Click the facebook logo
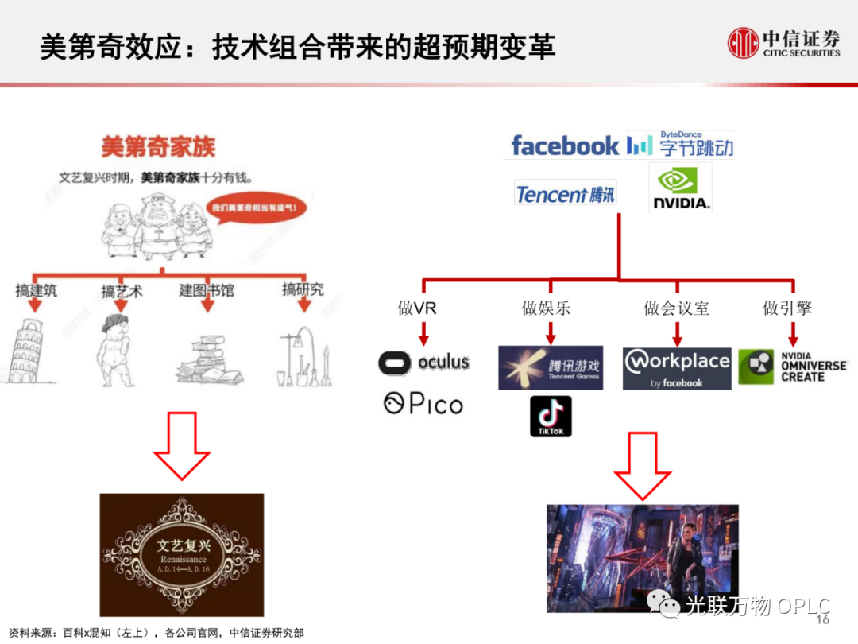[565, 145]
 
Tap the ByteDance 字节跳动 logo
[680, 145]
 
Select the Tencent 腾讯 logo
[565, 194]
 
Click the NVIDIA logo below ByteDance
[680, 188]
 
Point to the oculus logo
[423, 363]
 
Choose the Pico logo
[423, 404]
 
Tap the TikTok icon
[551, 416]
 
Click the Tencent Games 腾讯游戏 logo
[551, 367]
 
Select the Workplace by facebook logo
[677, 368]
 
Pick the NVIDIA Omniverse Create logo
[792, 367]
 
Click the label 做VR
[417, 308]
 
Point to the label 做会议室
[677, 308]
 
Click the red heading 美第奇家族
[158, 146]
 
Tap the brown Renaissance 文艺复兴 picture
[182, 555]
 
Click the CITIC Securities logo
[783, 43]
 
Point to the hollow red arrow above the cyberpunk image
[643, 465]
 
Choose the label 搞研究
[303, 289]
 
